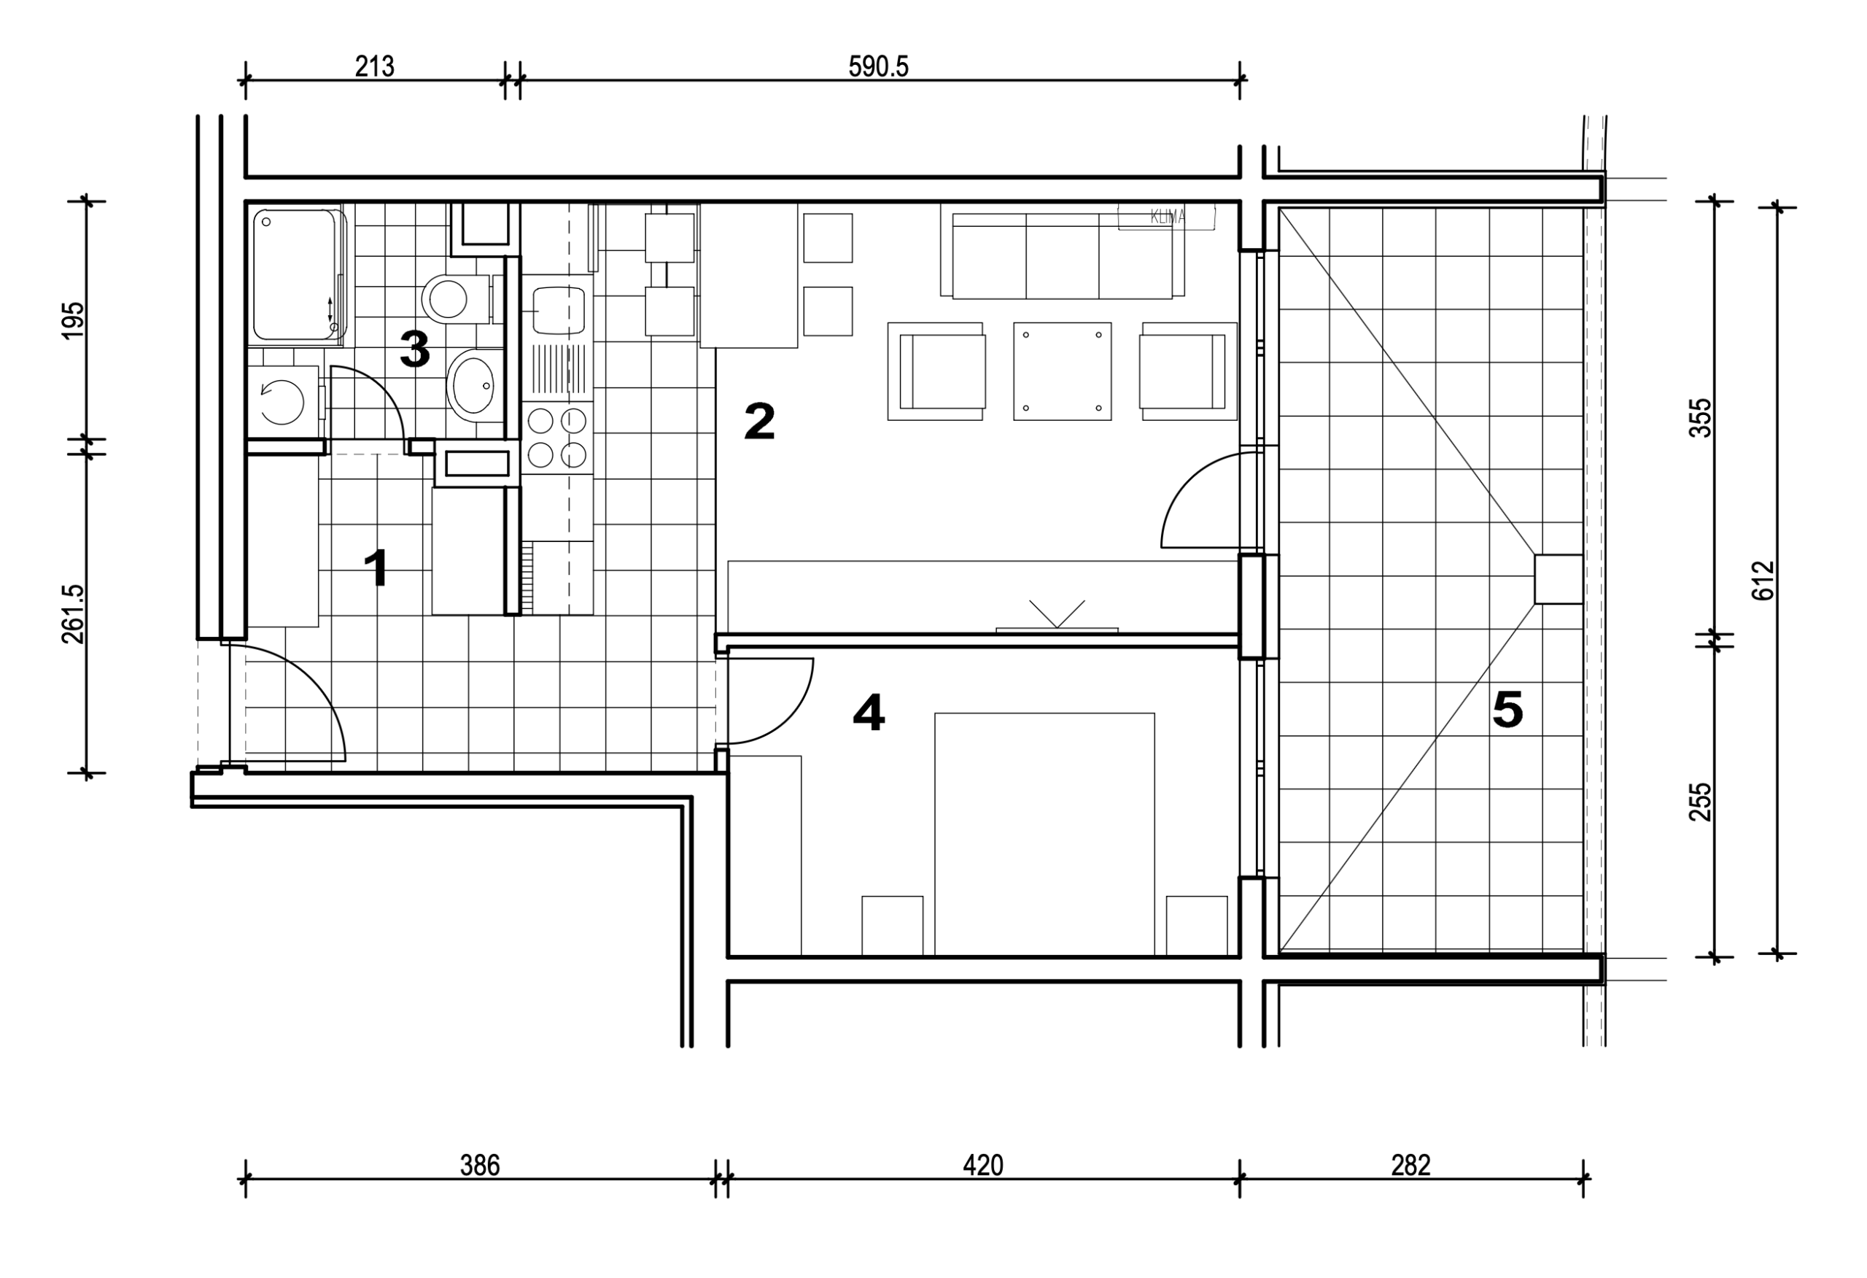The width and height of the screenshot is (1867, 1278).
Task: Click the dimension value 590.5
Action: [x=878, y=66]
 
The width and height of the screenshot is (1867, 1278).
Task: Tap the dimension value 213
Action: [x=374, y=66]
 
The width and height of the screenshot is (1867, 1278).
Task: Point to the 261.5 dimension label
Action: [x=72, y=614]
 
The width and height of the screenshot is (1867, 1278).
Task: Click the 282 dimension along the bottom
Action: [x=1410, y=1166]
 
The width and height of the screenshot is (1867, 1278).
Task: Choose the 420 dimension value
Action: [x=983, y=1166]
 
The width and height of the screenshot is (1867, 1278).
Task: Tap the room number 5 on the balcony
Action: [x=1507, y=710]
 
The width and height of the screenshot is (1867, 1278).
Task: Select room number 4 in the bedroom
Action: [x=869, y=713]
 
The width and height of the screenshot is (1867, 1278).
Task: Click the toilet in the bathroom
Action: [x=456, y=299]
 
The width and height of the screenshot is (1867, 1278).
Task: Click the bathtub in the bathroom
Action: [x=295, y=275]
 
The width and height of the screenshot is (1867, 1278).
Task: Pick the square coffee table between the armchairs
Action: [x=1062, y=371]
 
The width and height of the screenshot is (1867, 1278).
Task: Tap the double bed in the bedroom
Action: [x=1044, y=834]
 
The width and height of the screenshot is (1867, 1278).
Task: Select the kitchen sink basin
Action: [x=556, y=310]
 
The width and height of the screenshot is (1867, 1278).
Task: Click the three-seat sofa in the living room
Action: [x=1062, y=255]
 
